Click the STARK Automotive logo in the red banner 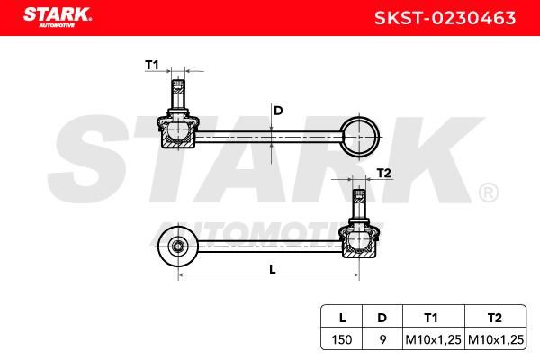[x=58, y=17]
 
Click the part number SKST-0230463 [x=445, y=18]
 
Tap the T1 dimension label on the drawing [x=151, y=65]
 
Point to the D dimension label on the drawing [x=278, y=111]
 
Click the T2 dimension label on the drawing [x=383, y=173]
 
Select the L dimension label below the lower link [x=272, y=269]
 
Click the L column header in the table [x=342, y=318]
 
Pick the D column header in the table [x=382, y=318]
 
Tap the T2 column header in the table [x=495, y=318]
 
